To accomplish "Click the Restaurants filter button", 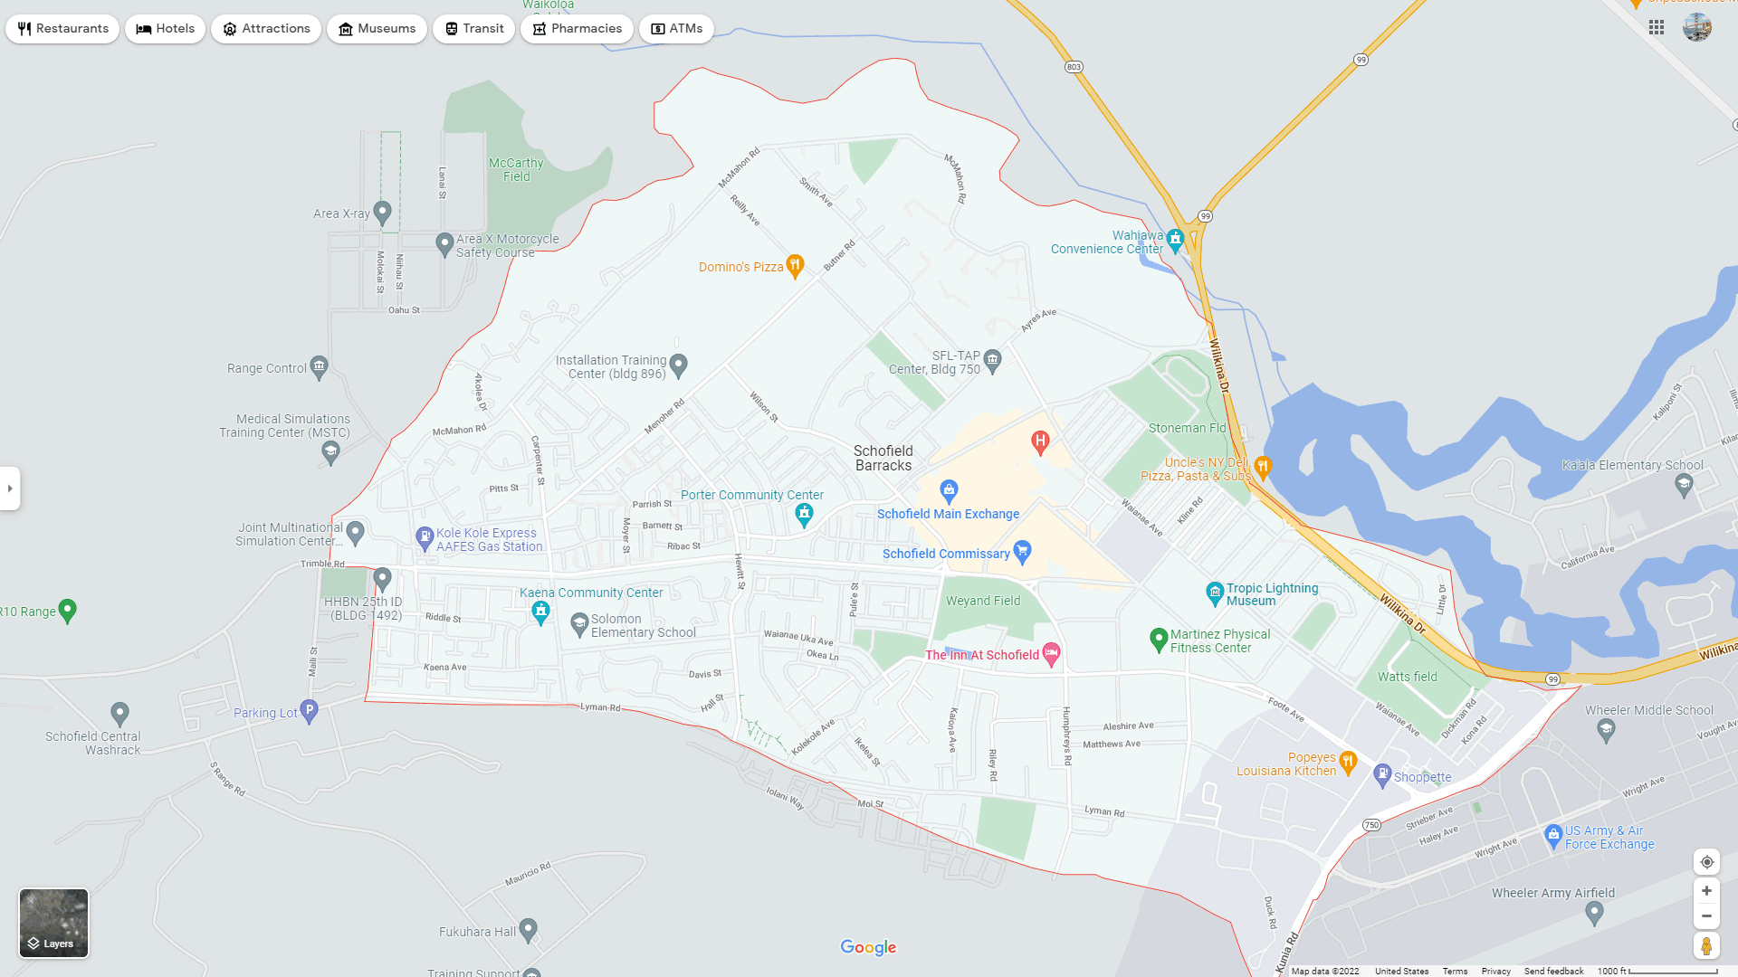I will pos(62,29).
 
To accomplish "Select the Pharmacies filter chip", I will pos(577,29).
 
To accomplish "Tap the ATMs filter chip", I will pos(676,29).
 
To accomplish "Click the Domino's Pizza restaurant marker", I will pos(795,265).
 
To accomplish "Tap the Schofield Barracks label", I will pos(883,458).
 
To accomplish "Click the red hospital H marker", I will pos(1040,441).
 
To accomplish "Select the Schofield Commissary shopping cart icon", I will pos(1022,550).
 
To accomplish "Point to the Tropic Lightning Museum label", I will pos(1272,594).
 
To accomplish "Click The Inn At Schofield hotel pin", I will pos(1051,653).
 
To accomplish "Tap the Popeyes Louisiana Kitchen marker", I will pos(1348,762).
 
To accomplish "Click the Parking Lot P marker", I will pos(309,710).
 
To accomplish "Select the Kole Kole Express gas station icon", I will pos(425,537).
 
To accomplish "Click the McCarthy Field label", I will pos(516,169).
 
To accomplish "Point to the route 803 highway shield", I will pos(1074,67).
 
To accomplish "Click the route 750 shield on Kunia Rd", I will pos(1371,825).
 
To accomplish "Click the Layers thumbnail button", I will pos(54,923).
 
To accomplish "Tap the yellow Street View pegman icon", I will pos(1706,946).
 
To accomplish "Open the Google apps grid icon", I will pos(1657,28).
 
